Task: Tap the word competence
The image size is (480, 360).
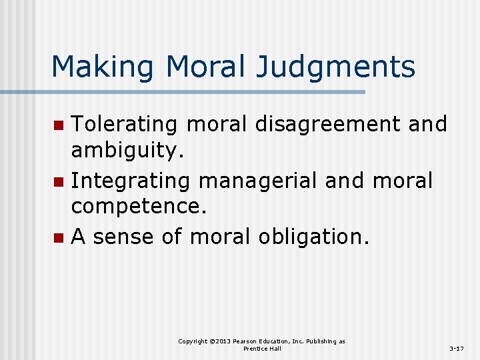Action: coord(139,207)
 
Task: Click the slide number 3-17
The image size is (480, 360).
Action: coord(457,348)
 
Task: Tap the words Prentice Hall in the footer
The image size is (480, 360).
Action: coord(262,349)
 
